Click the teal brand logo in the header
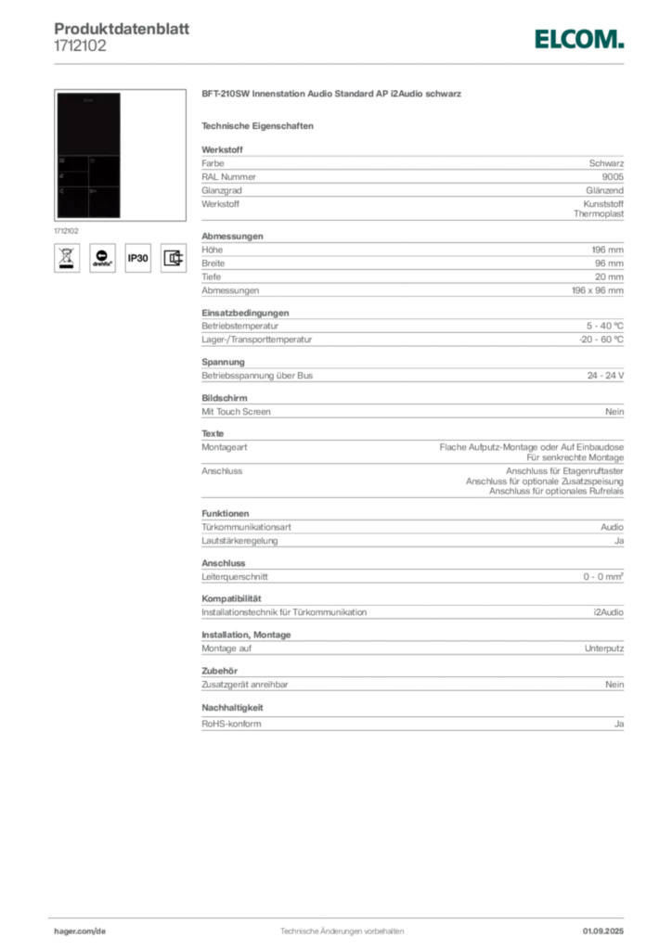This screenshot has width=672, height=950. point(578,39)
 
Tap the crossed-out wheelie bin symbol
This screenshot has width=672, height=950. point(66,257)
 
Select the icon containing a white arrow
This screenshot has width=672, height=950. point(102,257)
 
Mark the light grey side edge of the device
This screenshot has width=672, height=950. point(123,156)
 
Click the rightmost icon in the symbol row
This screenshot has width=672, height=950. point(173,257)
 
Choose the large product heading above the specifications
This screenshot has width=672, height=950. point(333,96)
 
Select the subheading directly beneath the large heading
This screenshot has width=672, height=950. point(261,125)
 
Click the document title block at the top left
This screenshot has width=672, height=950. point(121,36)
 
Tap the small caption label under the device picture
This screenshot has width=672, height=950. point(67,228)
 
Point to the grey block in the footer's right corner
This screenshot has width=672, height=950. point(604,927)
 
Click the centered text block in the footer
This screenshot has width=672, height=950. point(341,929)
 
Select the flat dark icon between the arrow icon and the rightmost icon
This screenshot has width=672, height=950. point(137,258)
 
